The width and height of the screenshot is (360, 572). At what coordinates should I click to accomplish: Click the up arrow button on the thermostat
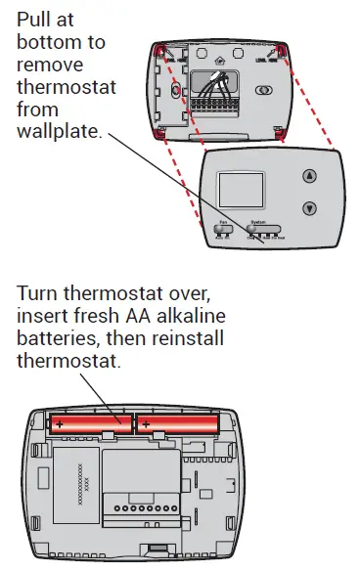[309, 178]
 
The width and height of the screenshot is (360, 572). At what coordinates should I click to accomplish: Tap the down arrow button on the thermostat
[309, 207]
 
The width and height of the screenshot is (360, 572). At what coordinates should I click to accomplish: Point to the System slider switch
[258, 231]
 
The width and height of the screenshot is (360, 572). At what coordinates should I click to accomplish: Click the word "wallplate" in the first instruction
[60, 131]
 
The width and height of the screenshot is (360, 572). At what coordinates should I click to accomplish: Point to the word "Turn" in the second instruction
[38, 294]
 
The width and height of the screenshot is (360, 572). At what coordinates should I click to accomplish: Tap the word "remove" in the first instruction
[50, 66]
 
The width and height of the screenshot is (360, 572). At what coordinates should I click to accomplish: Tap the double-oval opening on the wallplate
[263, 89]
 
